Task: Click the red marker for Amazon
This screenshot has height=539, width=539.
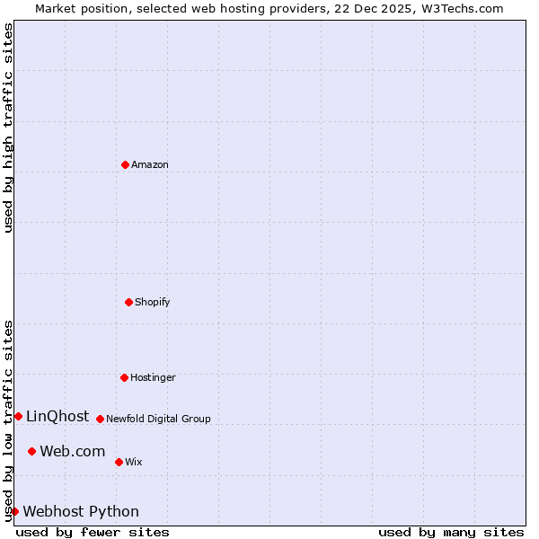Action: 125,164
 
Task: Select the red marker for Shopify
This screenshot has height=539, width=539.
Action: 128,302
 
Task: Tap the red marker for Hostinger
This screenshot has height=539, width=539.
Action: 124,377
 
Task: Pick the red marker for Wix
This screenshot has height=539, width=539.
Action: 119,462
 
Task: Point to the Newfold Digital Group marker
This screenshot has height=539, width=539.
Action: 100,419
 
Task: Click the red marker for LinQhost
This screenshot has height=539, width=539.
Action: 18,416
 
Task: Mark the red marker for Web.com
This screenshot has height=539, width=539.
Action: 31,451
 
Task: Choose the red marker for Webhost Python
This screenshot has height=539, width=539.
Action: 14,511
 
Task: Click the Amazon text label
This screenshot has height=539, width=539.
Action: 150,164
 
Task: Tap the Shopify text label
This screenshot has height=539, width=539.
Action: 153,302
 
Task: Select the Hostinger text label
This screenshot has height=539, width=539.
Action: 154,377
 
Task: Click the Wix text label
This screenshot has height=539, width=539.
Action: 134,462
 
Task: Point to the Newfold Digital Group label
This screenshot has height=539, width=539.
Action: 159,419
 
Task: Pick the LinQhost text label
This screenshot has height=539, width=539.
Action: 57,416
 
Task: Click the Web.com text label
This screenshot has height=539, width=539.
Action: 73,451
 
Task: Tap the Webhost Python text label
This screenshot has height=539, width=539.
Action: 81,511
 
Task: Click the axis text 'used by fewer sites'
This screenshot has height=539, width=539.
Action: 93,532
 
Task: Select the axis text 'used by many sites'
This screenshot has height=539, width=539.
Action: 451,532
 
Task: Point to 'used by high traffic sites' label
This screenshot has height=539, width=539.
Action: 8,128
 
